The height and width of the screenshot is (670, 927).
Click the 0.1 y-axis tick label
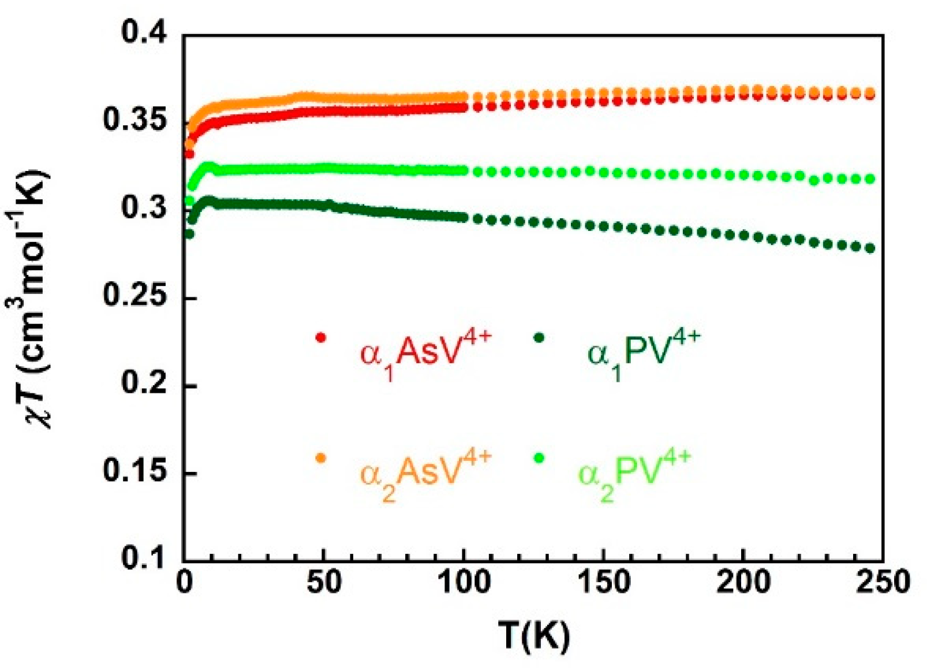coord(143,558)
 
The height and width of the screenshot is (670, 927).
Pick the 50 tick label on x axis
coord(323,582)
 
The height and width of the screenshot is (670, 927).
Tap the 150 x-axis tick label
coord(603,582)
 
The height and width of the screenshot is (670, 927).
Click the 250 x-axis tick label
coord(883,582)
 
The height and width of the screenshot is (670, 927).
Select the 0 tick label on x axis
coord(184,582)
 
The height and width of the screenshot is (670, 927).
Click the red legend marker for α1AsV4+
coord(321,337)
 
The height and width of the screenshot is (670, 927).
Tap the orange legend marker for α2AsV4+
coord(321,458)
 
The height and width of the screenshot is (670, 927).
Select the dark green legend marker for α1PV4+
coord(539,337)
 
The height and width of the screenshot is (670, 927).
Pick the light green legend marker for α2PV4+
coord(539,458)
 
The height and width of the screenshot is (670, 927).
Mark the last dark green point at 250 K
coord(870,248)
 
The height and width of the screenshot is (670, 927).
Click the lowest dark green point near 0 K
coord(189,234)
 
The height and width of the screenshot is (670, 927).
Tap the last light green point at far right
coord(870,179)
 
